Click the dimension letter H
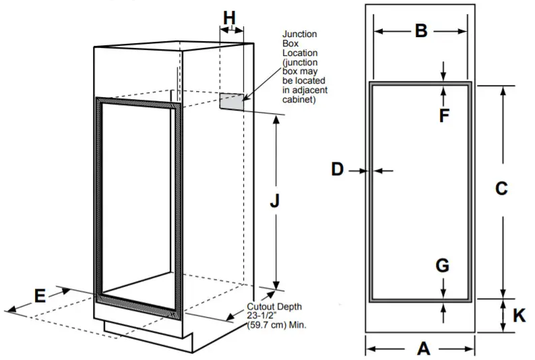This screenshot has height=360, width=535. pyautogui.click(x=230, y=18)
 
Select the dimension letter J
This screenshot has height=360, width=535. pyautogui.click(x=275, y=201)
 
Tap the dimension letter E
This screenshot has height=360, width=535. pyautogui.click(x=40, y=296)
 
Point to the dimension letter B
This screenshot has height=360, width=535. pyautogui.click(x=420, y=31)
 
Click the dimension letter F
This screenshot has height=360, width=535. pyautogui.click(x=444, y=115)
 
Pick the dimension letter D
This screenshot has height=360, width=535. pyautogui.click(x=338, y=170)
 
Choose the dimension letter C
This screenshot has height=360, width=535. pyautogui.click(x=501, y=189)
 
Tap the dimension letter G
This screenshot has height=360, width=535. pyautogui.click(x=442, y=266)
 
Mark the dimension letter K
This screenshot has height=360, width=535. pyautogui.click(x=519, y=316)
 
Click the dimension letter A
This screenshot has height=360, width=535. pyautogui.click(x=423, y=349)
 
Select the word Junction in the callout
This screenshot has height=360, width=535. pyautogui.click(x=300, y=34)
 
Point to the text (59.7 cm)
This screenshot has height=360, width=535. pyautogui.click(x=266, y=324)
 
